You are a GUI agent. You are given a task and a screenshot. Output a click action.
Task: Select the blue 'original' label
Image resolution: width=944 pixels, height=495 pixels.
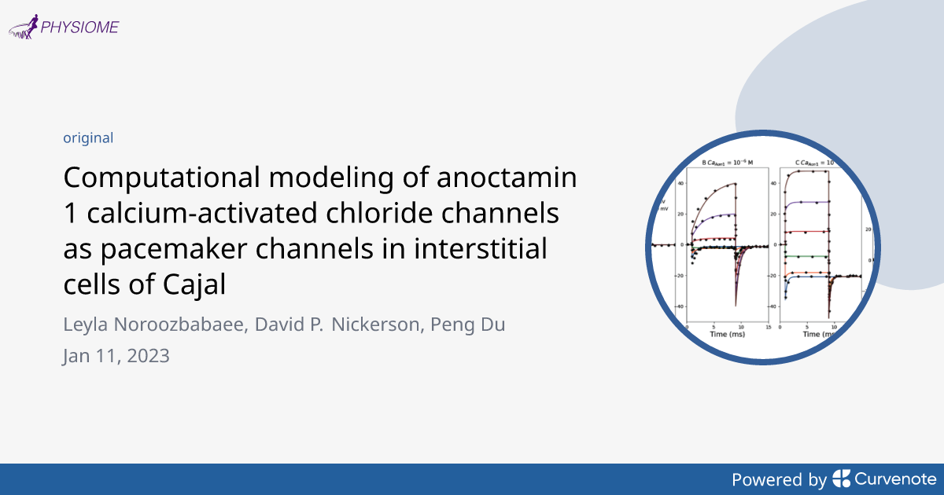click(88, 138)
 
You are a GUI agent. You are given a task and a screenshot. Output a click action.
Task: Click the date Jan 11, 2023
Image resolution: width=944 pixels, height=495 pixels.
click(116, 355)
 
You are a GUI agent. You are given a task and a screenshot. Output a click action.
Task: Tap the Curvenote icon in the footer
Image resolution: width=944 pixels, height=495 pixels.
click(842, 478)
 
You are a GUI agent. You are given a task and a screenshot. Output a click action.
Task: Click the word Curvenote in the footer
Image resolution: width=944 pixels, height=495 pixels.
click(895, 478)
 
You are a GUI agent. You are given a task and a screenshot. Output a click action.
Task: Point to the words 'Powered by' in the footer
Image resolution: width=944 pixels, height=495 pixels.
click(779, 478)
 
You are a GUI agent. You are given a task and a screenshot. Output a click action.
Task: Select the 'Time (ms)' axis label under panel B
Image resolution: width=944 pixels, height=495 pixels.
click(728, 334)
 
